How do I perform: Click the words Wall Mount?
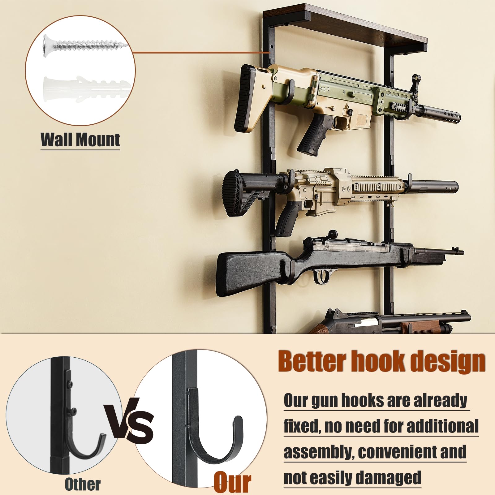[x=80, y=140]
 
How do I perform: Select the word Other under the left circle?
[x=83, y=484]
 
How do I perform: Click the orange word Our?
[x=232, y=482]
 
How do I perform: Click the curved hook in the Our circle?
[x=217, y=442]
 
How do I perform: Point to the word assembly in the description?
[x=319, y=452]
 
